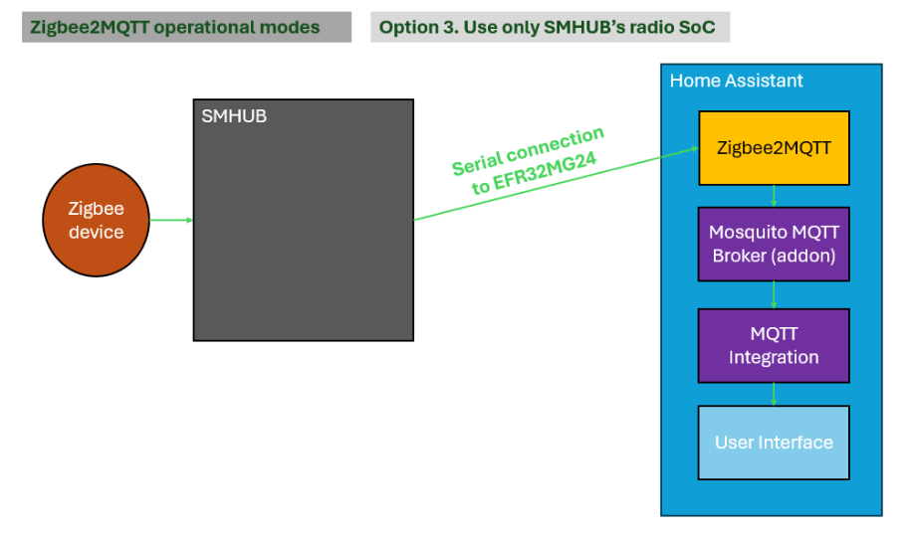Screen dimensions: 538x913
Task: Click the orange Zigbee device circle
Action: [x=96, y=221]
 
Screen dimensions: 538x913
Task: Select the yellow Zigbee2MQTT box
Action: [x=774, y=147]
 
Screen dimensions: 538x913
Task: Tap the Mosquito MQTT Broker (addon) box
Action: [x=774, y=244]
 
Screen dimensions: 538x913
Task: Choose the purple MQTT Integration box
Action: [x=774, y=345]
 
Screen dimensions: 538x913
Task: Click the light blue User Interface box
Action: [x=774, y=443]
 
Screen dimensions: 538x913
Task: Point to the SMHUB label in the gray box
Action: [x=234, y=116]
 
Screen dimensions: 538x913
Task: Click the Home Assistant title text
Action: [x=736, y=81]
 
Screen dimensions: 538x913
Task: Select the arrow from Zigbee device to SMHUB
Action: [x=171, y=220]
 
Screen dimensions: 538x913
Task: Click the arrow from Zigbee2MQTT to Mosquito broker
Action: [x=774, y=196]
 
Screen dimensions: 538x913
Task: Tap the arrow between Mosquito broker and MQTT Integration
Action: [x=774, y=294]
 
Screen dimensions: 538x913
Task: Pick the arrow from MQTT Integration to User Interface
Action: [x=774, y=394]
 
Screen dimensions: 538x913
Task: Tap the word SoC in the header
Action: [x=700, y=27]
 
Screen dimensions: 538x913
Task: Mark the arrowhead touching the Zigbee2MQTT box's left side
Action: [x=693, y=150]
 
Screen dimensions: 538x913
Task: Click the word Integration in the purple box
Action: [x=774, y=357]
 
